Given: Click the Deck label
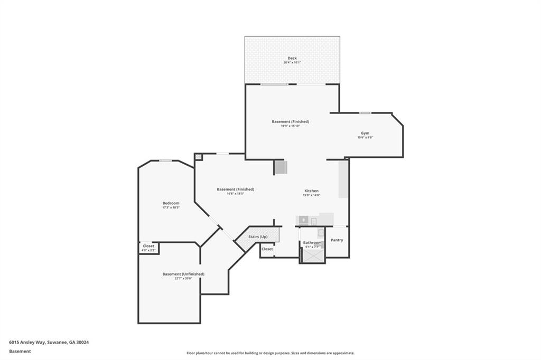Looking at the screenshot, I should pyautogui.click(x=292, y=58).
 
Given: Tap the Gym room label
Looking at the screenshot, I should pyautogui.click(x=365, y=133).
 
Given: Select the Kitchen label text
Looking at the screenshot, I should pyautogui.click(x=311, y=191).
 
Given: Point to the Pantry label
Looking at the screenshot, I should pyautogui.click(x=337, y=240).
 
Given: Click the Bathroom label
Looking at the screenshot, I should pyautogui.click(x=312, y=243).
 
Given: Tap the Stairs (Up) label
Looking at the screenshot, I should pyautogui.click(x=258, y=236).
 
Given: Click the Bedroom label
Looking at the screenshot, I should pyautogui.click(x=171, y=203).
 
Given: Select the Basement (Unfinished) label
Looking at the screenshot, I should pyautogui.click(x=183, y=274).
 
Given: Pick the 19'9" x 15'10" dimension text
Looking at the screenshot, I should pyautogui.click(x=290, y=126).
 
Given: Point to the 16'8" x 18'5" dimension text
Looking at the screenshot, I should pyautogui.click(x=235, y=194).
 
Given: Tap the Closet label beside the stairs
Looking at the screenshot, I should pyautogui.click(x=267, y=249).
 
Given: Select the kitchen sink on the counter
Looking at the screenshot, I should pyautogui.click(x=304, y=221).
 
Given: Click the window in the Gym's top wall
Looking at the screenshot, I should pyautogui.click(x=365, y=113).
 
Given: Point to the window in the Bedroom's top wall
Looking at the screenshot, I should pyautogui.click(x=165, y=161).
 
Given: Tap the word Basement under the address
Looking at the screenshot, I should pyautogui.click(x=20, y=351).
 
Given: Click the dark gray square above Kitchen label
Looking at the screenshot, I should pyautogui.click(x=281, y=167).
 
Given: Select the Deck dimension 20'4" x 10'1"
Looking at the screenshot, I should pyautogui.click(x=292, y=63).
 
